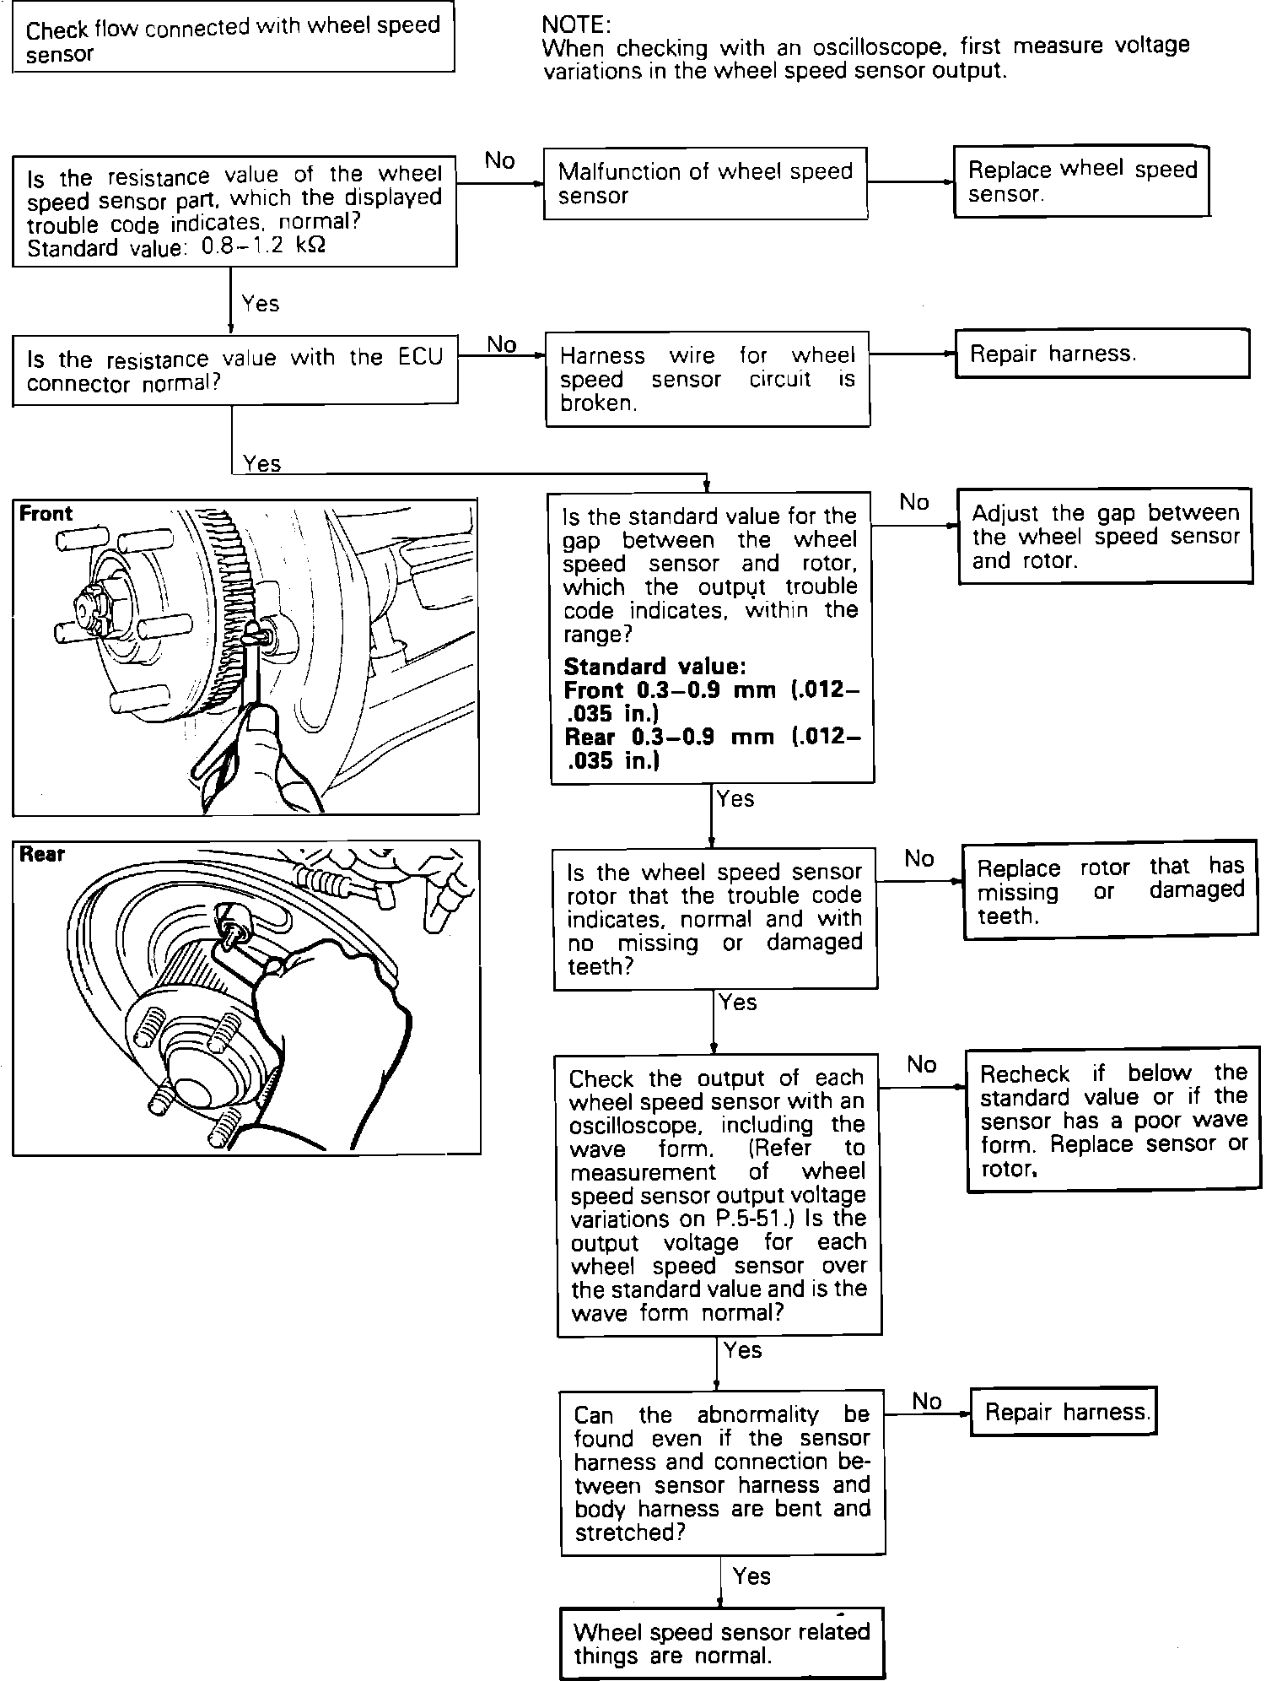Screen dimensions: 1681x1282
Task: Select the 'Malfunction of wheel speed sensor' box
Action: [x=705, y=184]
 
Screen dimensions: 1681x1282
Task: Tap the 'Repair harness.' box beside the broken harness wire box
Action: [x=1102, y=354]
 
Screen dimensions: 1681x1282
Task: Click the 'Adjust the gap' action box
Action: [x=1105, y=536]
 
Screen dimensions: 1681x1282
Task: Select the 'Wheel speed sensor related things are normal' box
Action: [x=721, y=1643]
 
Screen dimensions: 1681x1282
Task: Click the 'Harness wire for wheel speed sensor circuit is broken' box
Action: [x=707, y=379]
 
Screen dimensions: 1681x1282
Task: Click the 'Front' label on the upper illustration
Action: [x=46, y=514]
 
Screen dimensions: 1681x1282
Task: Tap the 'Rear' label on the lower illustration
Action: [x=42, y=855]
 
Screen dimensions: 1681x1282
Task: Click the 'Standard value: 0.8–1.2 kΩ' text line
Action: [x=176, y=248]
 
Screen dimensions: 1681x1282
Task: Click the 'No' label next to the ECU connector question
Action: [x=502, y=344]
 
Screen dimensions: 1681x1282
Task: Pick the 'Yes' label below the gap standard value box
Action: [x=735, y=798]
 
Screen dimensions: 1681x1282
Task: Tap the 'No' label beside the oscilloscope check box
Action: [x=922, y=1065]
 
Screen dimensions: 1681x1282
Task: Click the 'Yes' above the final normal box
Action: [x=751, y=1576]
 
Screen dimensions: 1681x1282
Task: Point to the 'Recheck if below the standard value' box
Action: [x=1113, y=1120]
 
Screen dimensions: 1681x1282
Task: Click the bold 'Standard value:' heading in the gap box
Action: [x=654, y=667]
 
